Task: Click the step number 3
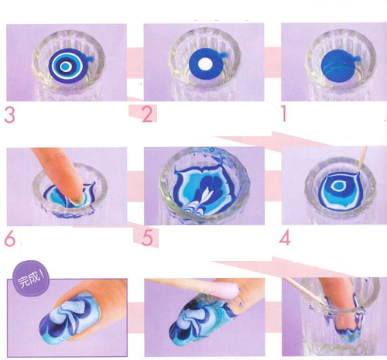point(10,116)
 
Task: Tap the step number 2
point(147,115)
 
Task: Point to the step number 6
point(11,236)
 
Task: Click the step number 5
point(148,236)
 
